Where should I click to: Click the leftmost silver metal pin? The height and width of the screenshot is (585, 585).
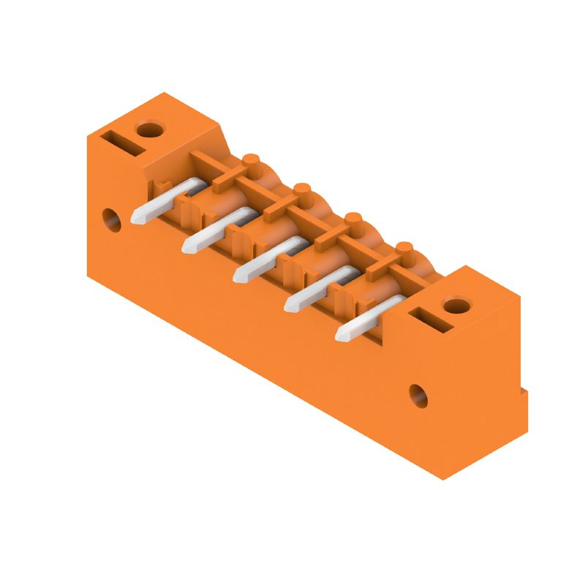coord(162,200)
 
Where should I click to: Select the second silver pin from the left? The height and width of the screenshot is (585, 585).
coord(214,230)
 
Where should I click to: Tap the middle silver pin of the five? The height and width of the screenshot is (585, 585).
coord(265,260)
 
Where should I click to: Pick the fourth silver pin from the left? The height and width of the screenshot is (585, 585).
coord(316,290)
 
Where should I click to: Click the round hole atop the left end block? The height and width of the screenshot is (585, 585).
coord(151,130)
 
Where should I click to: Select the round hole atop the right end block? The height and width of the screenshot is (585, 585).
coord(457,306)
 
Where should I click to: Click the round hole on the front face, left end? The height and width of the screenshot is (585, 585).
coord(112,220)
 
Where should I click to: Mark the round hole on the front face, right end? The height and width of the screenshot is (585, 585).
coord(418,396)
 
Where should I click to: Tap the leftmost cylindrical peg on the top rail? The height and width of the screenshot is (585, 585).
coord(251,162)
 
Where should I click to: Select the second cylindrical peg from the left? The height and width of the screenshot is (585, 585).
coord(302,192)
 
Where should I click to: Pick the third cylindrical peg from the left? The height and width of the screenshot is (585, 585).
coord(353,221)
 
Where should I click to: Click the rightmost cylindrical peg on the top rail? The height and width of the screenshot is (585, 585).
coord(404,251)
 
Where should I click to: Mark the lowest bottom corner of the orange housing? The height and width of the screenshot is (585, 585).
coord(443,479)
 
